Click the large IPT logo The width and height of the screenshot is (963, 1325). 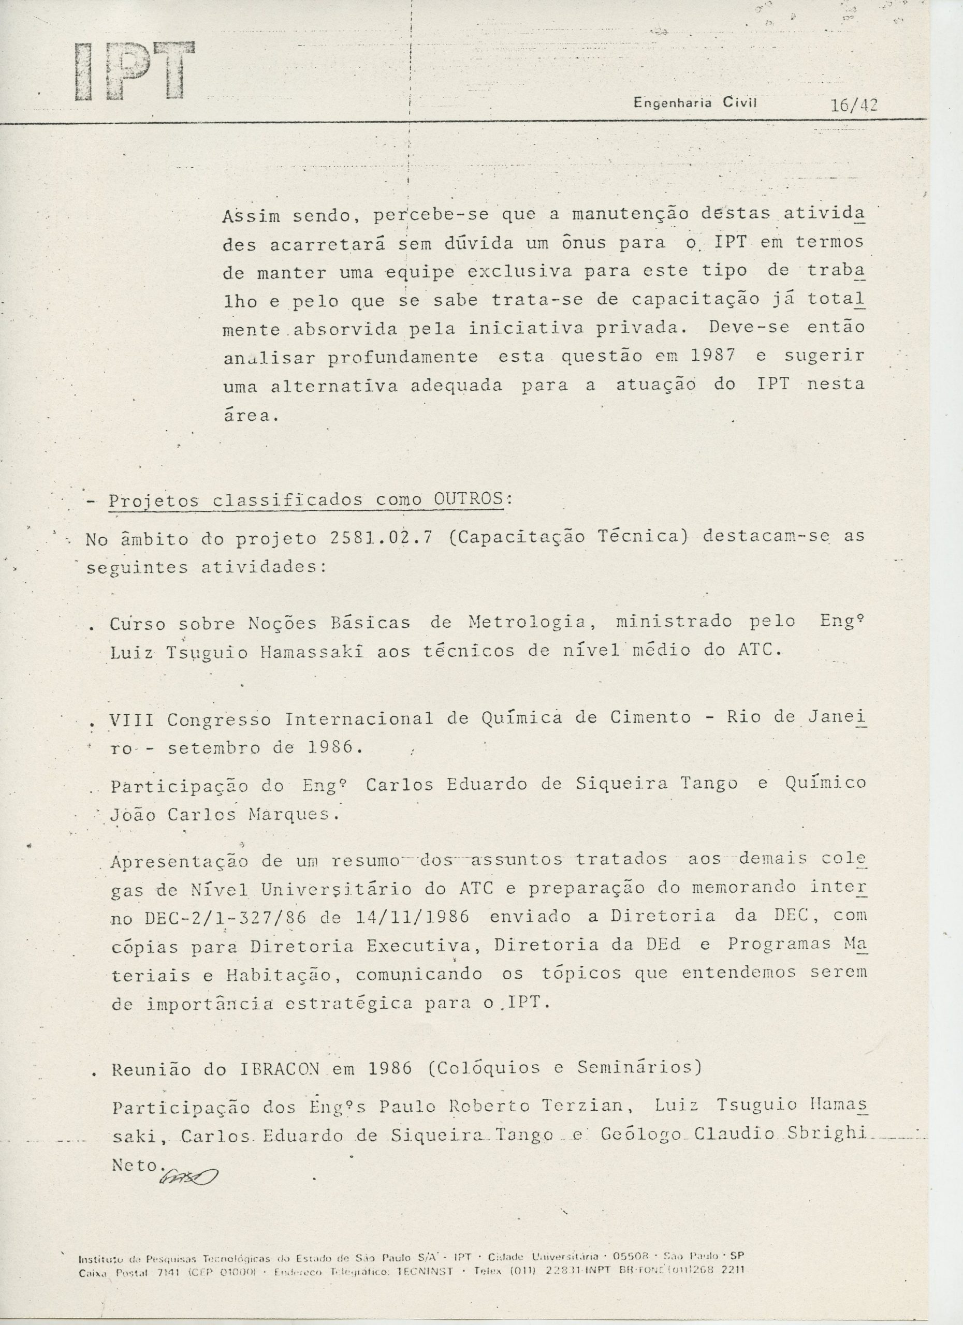point(135,71)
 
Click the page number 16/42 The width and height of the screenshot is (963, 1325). point(853,105)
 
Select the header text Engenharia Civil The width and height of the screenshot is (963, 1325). point(695,104)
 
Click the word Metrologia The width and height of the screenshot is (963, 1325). point(529,623)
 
